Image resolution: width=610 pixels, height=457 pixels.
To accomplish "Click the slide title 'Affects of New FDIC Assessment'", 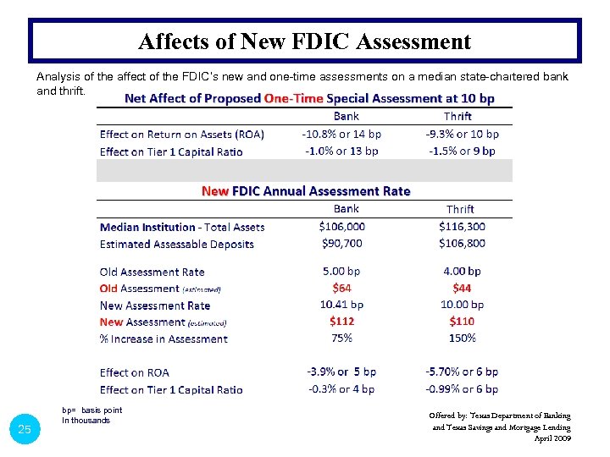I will [304, 41].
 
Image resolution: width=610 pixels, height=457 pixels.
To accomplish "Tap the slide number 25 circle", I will [25, 430].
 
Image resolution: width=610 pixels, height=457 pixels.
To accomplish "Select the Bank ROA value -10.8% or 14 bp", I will [341, 134].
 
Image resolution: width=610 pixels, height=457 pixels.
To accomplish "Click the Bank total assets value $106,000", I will [342, 226].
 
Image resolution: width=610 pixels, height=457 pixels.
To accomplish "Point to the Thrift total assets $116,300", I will [462, 226].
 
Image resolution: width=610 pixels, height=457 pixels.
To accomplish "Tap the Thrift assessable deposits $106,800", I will [462, 243].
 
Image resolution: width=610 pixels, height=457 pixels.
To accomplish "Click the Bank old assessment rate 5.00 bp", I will [341, 271].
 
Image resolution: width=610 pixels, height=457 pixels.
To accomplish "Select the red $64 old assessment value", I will [342, 288].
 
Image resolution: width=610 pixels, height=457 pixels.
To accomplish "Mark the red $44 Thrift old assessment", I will [462, 288].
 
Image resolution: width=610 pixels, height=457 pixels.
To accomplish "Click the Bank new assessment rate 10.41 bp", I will [341, 305].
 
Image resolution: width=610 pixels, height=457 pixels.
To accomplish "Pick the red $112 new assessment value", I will [342, 321].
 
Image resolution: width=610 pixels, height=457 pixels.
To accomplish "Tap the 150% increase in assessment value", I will [462, 338].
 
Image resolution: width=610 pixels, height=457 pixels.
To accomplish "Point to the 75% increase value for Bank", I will [341, 338].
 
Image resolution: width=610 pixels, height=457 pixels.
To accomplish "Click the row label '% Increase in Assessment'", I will [164, 339].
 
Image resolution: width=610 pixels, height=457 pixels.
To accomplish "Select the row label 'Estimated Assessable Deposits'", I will [176, 244].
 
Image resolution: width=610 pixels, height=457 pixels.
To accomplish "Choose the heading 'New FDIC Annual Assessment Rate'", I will [305, 191].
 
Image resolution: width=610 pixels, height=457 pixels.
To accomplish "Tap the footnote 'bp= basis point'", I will [91, 410].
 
